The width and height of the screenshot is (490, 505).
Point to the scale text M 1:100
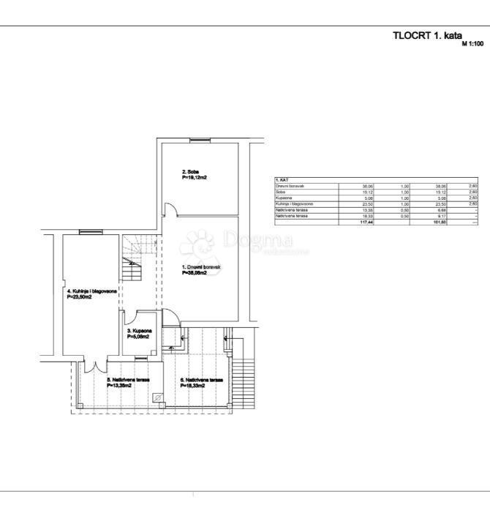point(473,44)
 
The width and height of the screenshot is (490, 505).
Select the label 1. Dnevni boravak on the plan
point(201,268)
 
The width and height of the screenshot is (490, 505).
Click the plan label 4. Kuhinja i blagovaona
point(91,291)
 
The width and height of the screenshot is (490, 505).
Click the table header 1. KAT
point(282,180)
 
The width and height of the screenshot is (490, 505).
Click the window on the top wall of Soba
point(199,140)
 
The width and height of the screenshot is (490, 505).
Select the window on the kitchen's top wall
point(90,231)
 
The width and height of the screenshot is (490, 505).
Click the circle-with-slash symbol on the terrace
point(157,397)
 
